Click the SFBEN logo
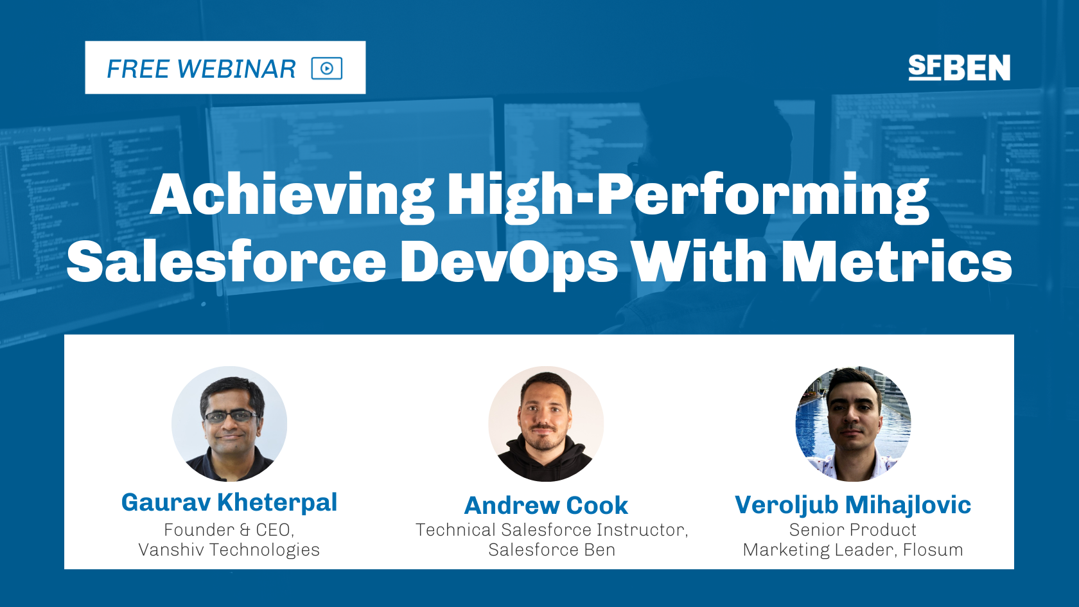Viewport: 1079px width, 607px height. pyautogui.click(x=959, y=67)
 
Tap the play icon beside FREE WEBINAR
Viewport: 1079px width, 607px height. pyautogui.click(x=326, y=68)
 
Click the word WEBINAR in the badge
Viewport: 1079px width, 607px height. pyautogui.click(x=236, y=69)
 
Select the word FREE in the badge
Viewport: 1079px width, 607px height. pyautogui.click(x=137, y=69)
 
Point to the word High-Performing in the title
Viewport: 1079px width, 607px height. pyautogui.click(x=688, y=195)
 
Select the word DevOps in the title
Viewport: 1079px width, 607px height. pyautogui.click(x=509, y=262)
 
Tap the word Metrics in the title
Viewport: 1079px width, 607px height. pyautogui.click(x=897, y=262)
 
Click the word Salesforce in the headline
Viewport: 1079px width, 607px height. pyautogui.click(x=226, y=262)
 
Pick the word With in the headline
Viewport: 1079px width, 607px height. pyautogui.click(x=699, y=262)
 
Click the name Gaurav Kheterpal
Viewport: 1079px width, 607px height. pyautogui.click(x=229, y=502)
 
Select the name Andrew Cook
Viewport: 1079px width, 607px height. pyautogui.click(x=546, y=506)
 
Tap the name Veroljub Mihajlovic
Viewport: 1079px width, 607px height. pyautogui.click(x=852, y=505)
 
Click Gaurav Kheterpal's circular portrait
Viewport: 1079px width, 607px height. pyautogui.click(x=229, y=424)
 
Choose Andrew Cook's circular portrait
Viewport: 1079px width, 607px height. pyautogui.click(x=546, y=424)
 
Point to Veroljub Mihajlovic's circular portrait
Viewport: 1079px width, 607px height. pyautogui.click(x=853, y=424)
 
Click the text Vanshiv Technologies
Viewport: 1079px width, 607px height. pyautogui.click(x=229, y=550)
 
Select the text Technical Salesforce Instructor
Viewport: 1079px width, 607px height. pyautogui.click(x=551, y=530)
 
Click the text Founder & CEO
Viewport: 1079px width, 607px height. pyautogui.click(x=229, y=530)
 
